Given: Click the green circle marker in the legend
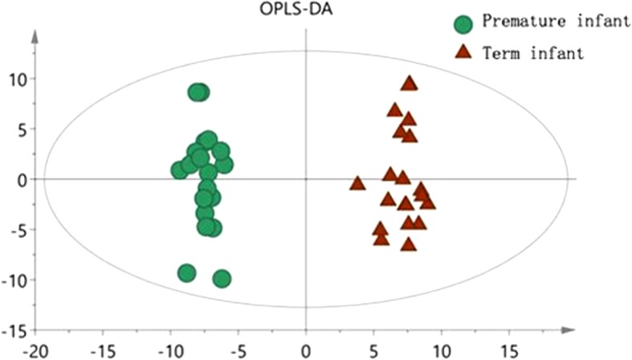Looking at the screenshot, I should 463,23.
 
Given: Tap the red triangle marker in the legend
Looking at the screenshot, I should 463,54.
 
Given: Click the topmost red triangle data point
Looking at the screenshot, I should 410,84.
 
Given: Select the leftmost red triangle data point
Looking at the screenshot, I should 357,183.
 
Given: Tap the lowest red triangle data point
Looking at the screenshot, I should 408,244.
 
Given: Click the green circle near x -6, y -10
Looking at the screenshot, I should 222,279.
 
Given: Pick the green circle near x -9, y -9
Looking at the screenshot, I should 186,273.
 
